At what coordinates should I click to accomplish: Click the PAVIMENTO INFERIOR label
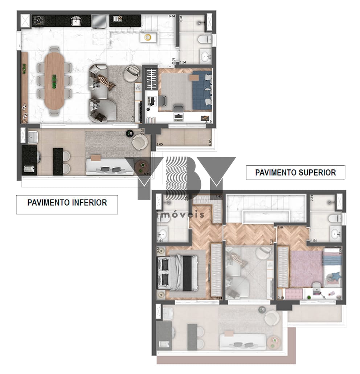pyautogui.click(x=67, y=202)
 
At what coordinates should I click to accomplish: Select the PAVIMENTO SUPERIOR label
pyautogui.click(x=295, y=172)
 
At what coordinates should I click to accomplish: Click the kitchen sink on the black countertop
pyautogui.click(x=76, y=21)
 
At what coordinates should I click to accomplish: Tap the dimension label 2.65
pyautogui.click(x=160, y=145)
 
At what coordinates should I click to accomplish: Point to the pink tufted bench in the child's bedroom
pyautogui.click(x=294, y=294)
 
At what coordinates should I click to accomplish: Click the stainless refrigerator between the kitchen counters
pyautogui.click(x=99, y=21)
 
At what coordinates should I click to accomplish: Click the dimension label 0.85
pyautogui.click(x=210, y=143)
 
